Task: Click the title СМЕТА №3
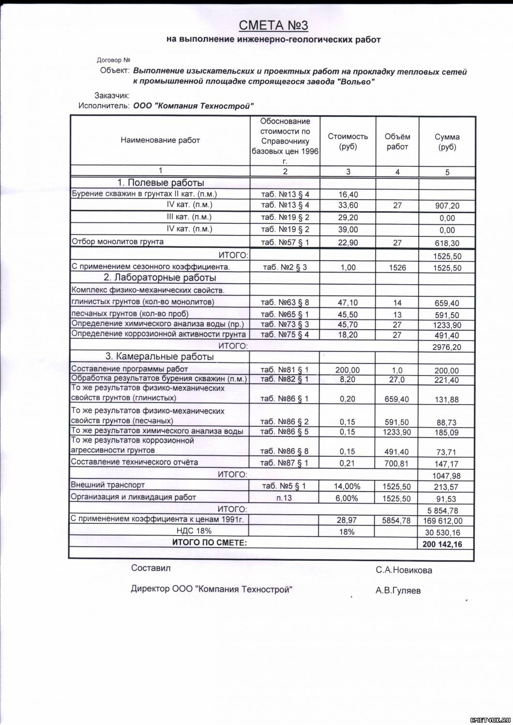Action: tap(273, 25)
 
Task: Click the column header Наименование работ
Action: tap(160, 140)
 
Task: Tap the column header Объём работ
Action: tap(397, 142)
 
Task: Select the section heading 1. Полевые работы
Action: tap(161, 183)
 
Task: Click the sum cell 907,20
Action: tap(447, 206)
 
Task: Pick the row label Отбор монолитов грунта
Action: tap(118, 242)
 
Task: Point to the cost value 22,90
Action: tap(348, 243)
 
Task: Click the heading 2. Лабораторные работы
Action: tap(160, 277)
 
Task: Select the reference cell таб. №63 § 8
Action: tap(285, 303)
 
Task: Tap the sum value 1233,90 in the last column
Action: tap(447, 325)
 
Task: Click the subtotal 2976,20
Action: tap(447, 347)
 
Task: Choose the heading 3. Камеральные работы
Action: tap(160, 357)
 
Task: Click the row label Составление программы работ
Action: tap(130, 369)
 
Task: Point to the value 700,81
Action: tap(397, 464)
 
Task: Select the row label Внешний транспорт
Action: tap(108, 485)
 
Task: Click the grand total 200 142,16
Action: tap(441, 544)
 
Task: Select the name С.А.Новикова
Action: tap(404, 570)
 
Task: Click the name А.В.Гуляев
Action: tap(398, 591)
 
